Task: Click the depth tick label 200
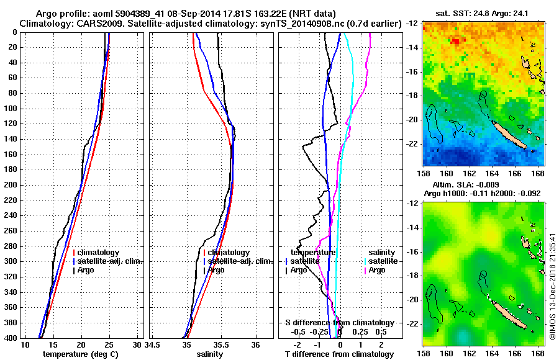pos(11,185)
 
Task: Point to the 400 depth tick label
pos(11,338)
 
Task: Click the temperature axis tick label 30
pos(137,345)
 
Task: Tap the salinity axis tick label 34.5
pos(153,345)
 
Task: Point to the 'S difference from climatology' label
pos(339,323)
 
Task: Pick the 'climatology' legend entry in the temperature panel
pos(99,253)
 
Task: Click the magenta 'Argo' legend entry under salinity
pos(377,270)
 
